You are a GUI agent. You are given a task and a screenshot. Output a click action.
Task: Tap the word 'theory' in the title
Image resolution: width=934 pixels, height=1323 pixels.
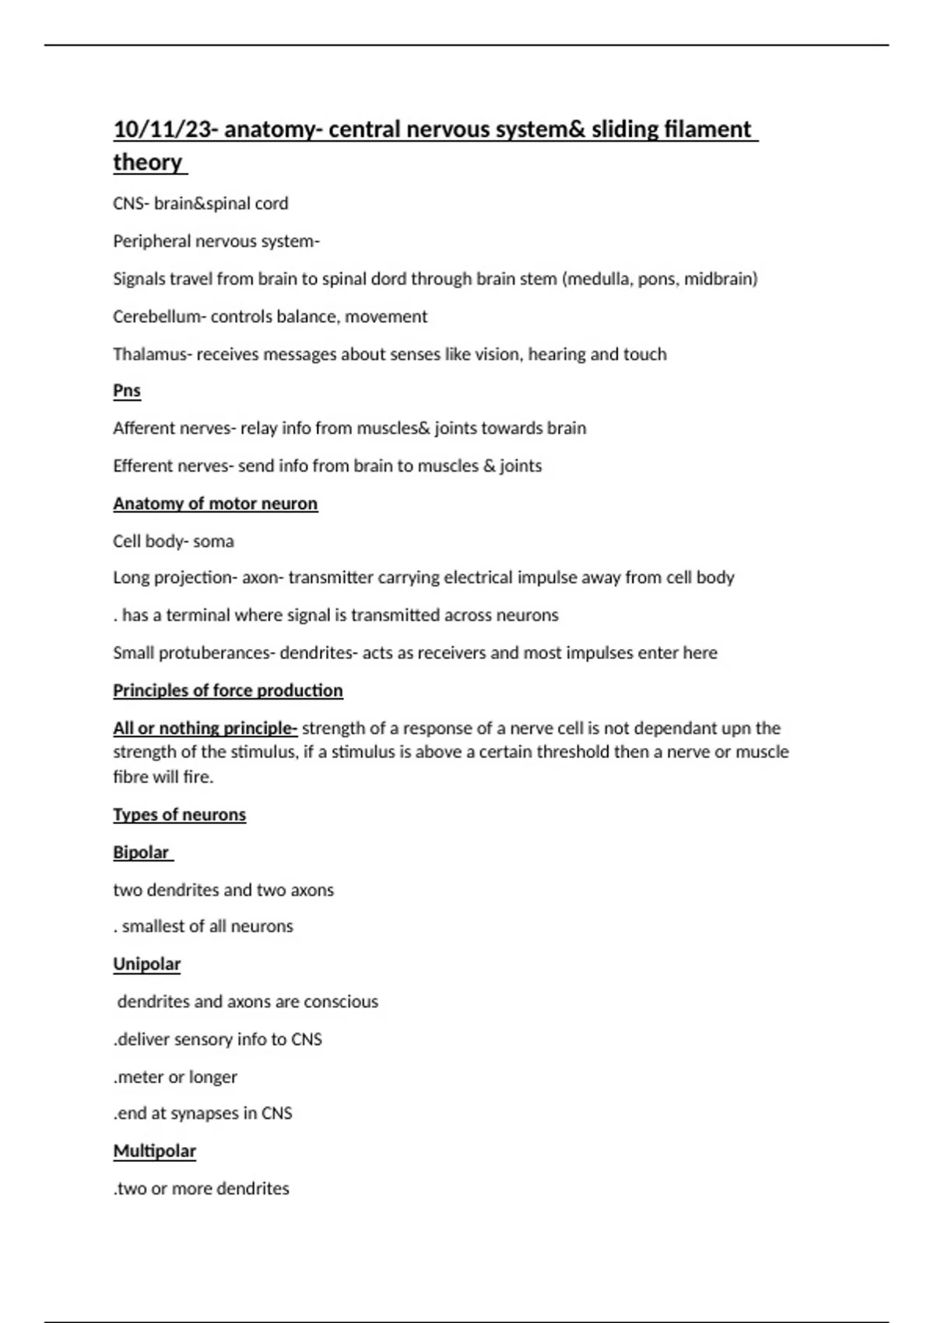pyautogui.click(x=147, y=163)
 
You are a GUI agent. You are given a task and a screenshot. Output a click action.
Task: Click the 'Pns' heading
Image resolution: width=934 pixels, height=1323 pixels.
pyautogui.click(x=127, y=391)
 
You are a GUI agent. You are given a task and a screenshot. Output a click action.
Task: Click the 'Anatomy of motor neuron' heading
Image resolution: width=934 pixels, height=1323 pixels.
pyautogui.click(x=215, y=504)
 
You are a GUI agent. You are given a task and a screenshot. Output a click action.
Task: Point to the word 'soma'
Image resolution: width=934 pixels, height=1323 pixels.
pyautogui.click(x=213, y=541)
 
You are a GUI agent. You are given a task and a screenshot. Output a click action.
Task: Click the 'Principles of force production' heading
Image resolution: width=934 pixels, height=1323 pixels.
pyautogui.click(x=227, y=690)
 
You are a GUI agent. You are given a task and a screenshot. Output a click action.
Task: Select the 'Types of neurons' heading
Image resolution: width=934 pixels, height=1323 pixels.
pyautogui.click(x=179, y=815)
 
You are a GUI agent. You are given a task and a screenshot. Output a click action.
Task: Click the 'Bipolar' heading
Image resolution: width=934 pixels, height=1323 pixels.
pyautogui.click(x=141, y=852)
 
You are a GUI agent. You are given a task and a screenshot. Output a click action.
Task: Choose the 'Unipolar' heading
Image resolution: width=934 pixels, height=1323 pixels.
pyautogui.click(x=146, y=964)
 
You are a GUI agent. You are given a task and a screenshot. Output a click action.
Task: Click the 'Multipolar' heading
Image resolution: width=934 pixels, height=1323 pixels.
pyautogui.click(x=154, y=1151)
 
